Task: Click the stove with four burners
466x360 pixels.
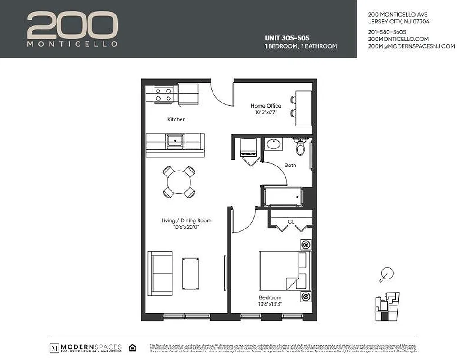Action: (163, 94)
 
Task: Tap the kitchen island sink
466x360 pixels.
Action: (174, 141)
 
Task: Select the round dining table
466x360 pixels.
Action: (179, 182)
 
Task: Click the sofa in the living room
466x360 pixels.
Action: (160, 273)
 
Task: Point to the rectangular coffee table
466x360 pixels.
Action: (190, 274)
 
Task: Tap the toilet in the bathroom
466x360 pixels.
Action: (300, 146)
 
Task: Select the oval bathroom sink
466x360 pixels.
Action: (274, 144)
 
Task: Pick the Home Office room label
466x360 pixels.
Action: (266, 106)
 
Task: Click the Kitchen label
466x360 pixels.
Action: (176, 120)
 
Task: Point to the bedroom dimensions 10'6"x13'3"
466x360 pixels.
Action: (270, 304)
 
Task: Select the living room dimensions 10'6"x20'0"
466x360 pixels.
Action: (186, 227)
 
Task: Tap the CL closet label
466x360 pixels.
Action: (291, 221)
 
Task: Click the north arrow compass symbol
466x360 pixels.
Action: (386, 274)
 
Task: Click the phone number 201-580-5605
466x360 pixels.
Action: (387, 32)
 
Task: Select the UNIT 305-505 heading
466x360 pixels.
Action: (286, 38)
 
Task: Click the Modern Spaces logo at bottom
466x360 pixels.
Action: (86, 348)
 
